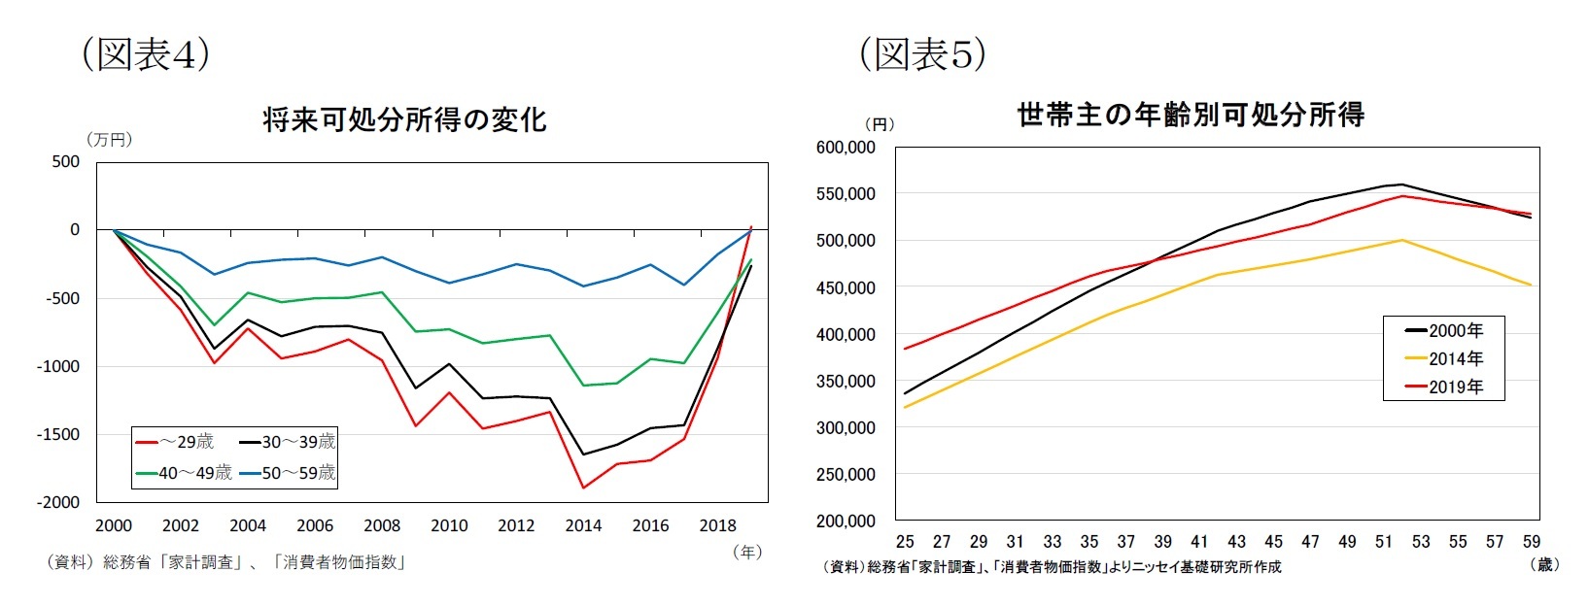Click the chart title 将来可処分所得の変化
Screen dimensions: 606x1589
pos(404,120)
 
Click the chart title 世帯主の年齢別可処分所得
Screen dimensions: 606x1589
pos(1191,115)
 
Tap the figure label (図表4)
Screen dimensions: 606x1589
pos(145,54)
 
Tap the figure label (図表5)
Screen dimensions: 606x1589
pos(922,54)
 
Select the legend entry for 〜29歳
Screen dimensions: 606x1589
pos(175,442)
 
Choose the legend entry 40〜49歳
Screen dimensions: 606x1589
pos(184,473)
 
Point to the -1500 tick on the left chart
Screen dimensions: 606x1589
pos(59,434)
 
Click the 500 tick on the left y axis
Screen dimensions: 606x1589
pos(66,161)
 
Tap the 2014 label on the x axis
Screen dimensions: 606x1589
pos(583,525)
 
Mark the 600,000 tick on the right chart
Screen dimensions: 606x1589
pos(846,148)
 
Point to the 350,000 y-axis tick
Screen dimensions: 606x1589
pos(846,382)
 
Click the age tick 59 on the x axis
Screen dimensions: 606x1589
pos(1532,541)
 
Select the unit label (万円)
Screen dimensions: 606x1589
pos(110,140)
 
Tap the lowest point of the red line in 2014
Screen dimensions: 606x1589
pos(583,488)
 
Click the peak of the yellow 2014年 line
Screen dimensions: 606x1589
pos(1401,240)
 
